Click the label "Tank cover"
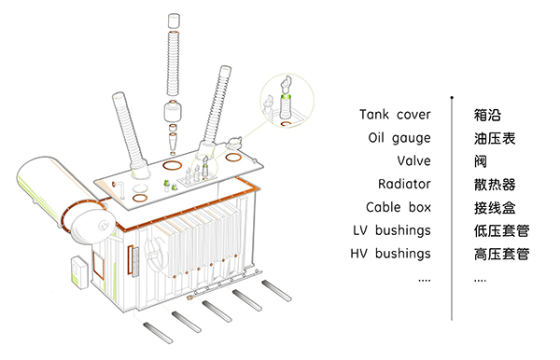pyautogui.click(x=395, y=115)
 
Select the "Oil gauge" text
pyautogui.click(x=399, y=138)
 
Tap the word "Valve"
pyautogui.click(x=413, y=161)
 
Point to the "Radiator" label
pyautogui.click(x=404, y=184)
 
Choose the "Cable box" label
pyautogui.click(x=399, y=207)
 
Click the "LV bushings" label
pyautogui.click(x=392, y=230)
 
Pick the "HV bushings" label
pyautogui.click(x=390, y=254)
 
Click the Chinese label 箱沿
pyautogui.click(x=487, y=115)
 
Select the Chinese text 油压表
pyautogui.click(x=495, y=138)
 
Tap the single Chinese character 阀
pyautogui.click(x=481, y=161)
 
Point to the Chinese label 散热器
pyautogui.click(x=495, y=185)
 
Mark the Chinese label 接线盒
pyautogui.click(x=495, y=208)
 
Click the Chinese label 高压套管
pyautogui.click(x=501, y=254)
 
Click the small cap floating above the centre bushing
pyautogui.click(x=174, y=21)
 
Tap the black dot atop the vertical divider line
pyautogui.click(x=452, y=97)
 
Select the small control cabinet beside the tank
pyautogui.click(x=79, y=272)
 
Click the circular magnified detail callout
pyautogui.click(x=287, y=102)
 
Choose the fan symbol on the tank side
pyautogui.click(x=156, y=250)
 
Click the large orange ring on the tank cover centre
pyautogui.click(x=172, y=166)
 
